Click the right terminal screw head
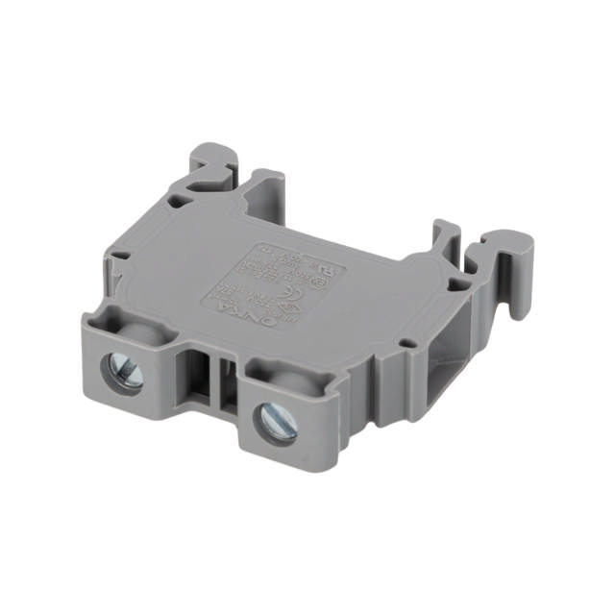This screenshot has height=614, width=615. pyautogui.click(x=277, y=420)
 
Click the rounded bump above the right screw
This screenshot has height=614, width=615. pyautogui.click(x=288, y=376)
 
